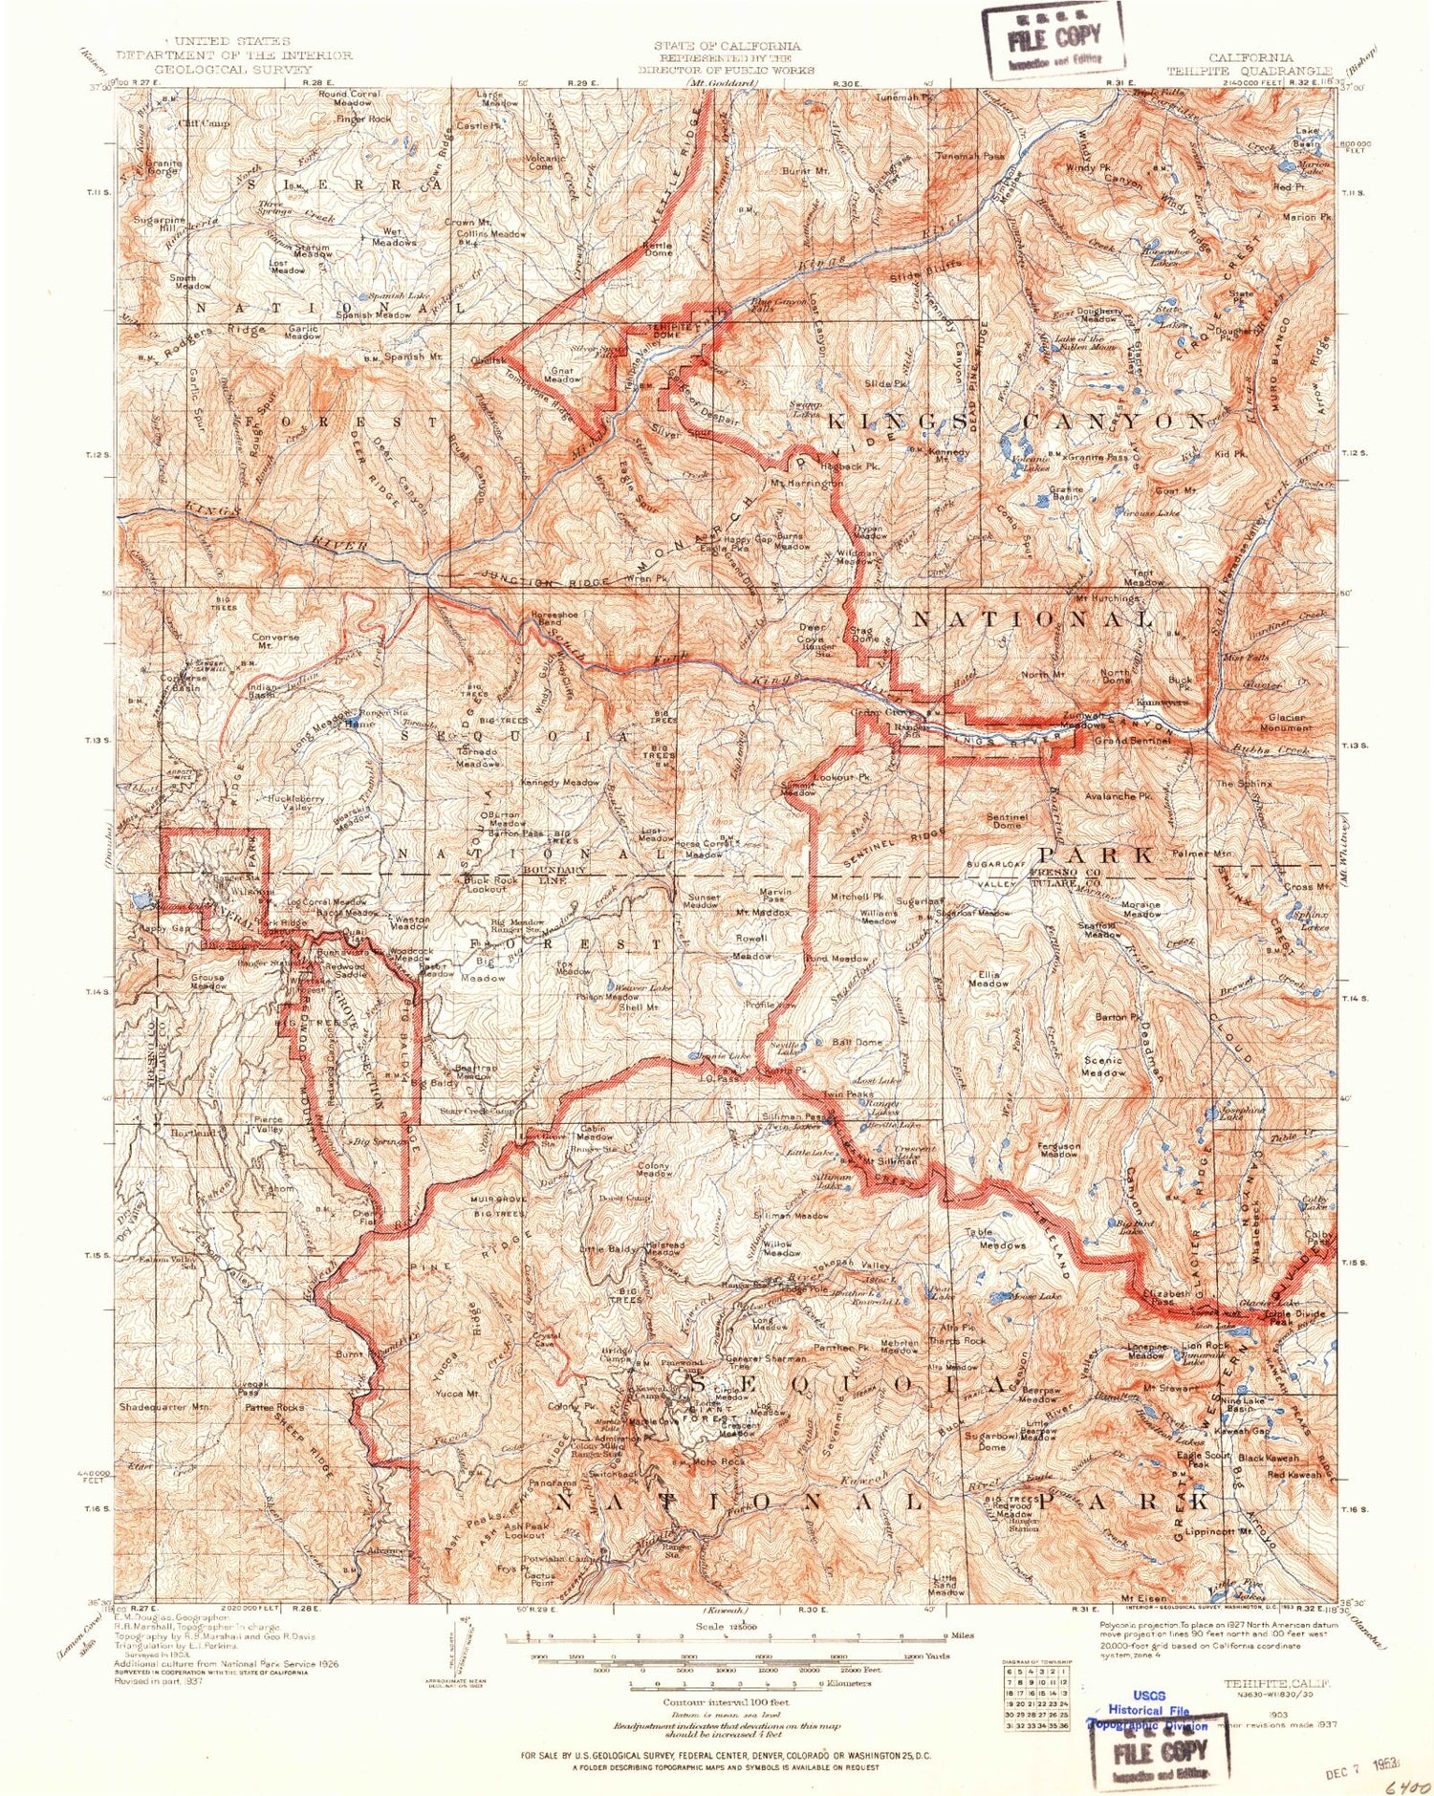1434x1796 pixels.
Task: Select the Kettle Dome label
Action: click(x=658, y=249)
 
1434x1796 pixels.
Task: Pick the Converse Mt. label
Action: click(x=276, y=640)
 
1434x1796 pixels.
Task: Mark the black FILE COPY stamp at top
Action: click(x=1053, y=40)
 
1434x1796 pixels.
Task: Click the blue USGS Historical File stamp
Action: click(x=1148, y=1718)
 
